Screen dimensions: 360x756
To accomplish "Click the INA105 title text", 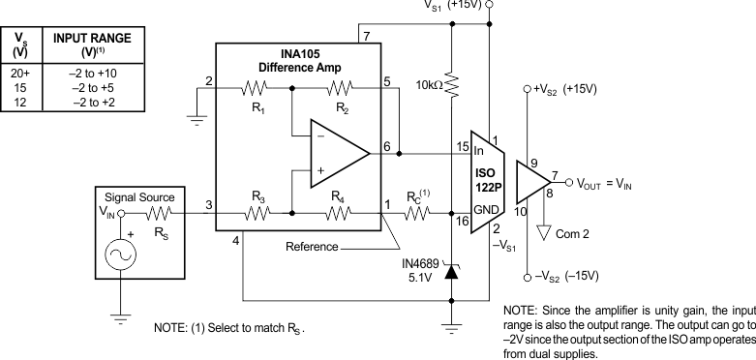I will tap(294, 53).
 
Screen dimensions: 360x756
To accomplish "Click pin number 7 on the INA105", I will tap(366, 37).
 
